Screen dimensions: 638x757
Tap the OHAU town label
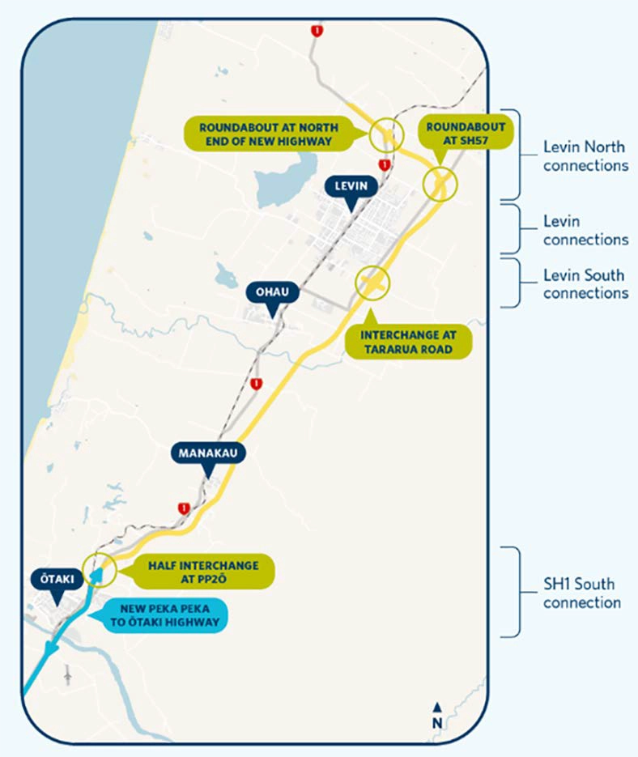pos(271,292)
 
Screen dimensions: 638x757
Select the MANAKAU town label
pos(207,453)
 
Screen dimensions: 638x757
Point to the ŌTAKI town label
pos(55,580)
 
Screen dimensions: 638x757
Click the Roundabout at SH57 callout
pos(466,133)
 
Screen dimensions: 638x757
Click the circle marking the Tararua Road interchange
pos(373,283)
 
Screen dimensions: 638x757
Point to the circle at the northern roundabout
pos(385,134)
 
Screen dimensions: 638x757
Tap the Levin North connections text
pos(585,156)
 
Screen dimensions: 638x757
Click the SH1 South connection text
pos(582,593)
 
